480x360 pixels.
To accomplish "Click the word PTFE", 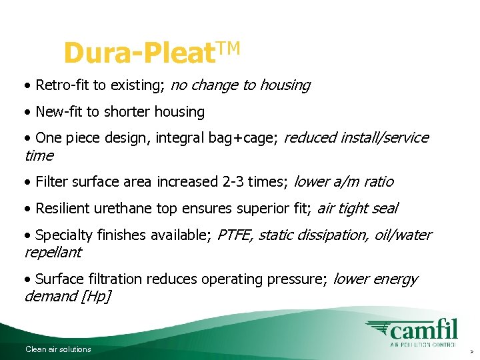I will [x=235, y=235].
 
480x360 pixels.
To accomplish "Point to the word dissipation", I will [x=338, y=235].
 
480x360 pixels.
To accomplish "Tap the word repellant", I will [x=53, y=253].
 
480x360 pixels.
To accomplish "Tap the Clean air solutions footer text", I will [x=58, y=349].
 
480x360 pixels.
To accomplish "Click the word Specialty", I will [x=65, y=235].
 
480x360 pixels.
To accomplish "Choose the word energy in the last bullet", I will [x=396, y=279].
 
